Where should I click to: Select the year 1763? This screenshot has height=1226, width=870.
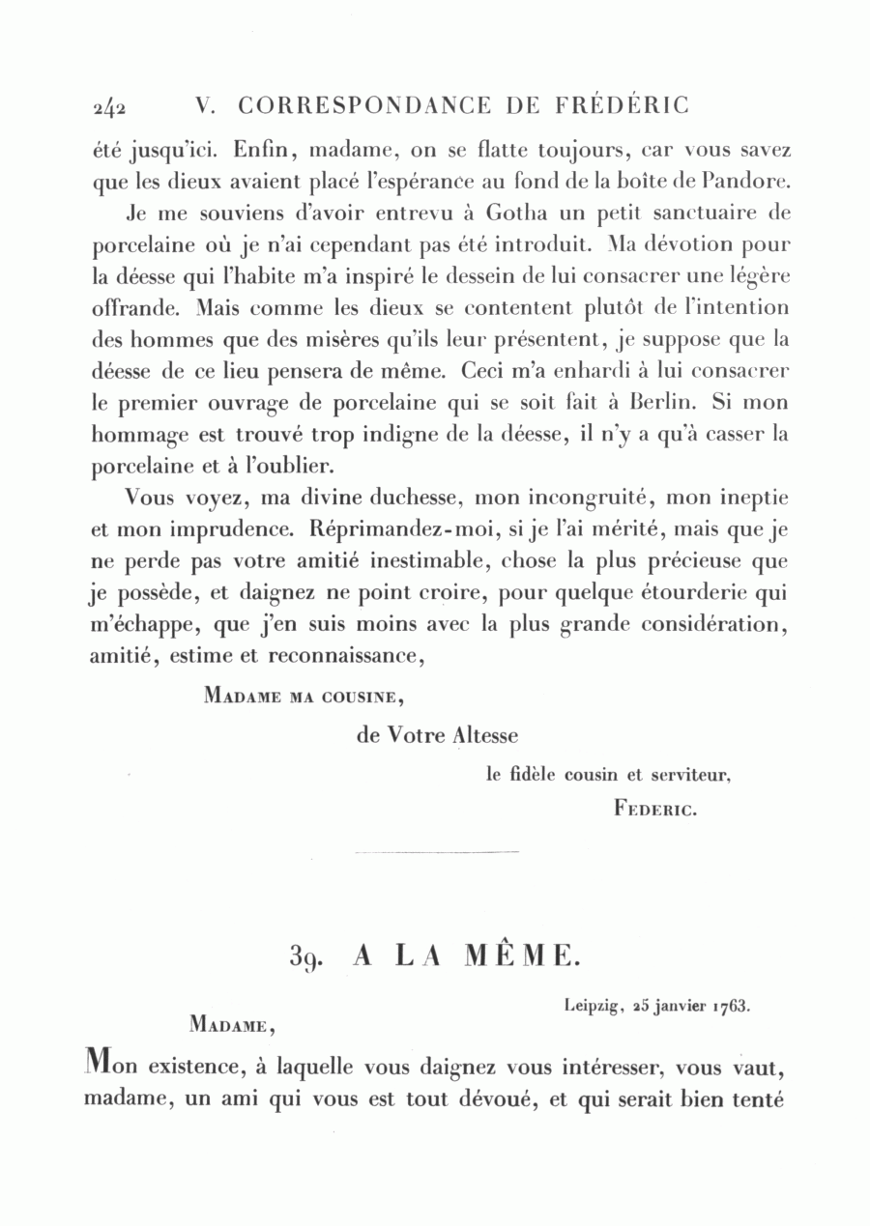[x=731, y=1005]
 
